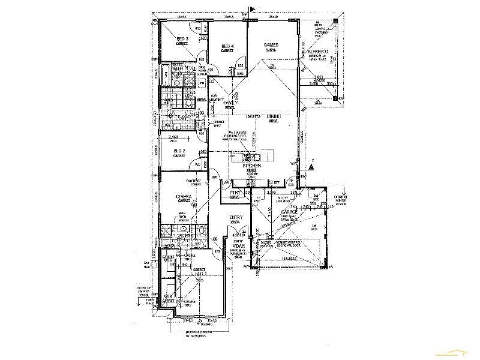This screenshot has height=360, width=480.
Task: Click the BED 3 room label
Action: pyautogui.click(x=182, y=39)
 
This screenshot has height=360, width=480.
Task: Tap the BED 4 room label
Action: pyautogui.click(x=227, y=47)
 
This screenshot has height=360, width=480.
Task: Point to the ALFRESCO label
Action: pyautogui.click(x=317, y=53)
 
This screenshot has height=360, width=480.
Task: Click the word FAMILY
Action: pyautogui.click(x=231, y=103)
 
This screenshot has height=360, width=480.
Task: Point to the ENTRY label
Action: pyautogui.click(x=235, y=218)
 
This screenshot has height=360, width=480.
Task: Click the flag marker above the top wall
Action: pyautogui.click(x=253, y=9)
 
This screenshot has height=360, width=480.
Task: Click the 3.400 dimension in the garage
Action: pyautogui.click(x=270, y=211)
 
